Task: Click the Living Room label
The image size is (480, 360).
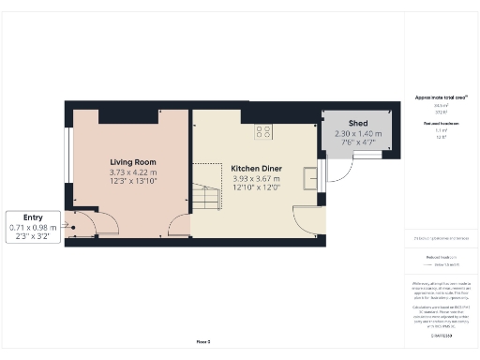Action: (132, 162)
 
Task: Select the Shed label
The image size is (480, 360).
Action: (357, 124)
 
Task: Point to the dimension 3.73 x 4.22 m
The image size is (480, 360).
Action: (132, 172)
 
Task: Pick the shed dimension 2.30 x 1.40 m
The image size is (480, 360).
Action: (357, 134)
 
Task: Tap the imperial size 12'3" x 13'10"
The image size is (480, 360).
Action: (132, 181)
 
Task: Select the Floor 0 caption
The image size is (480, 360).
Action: (202, 341)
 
